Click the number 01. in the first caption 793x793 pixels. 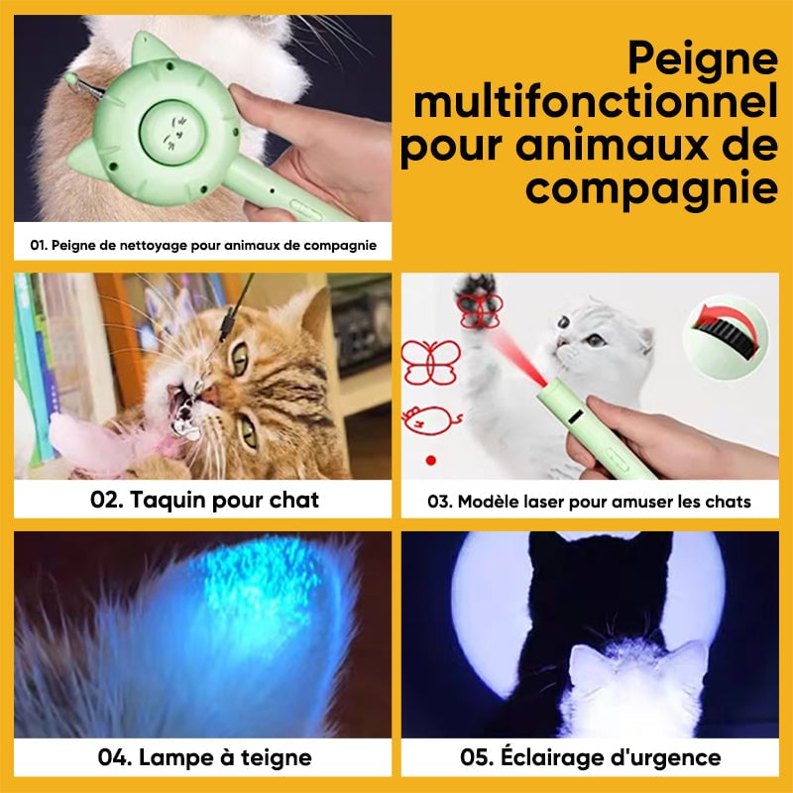coord(41,244)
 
